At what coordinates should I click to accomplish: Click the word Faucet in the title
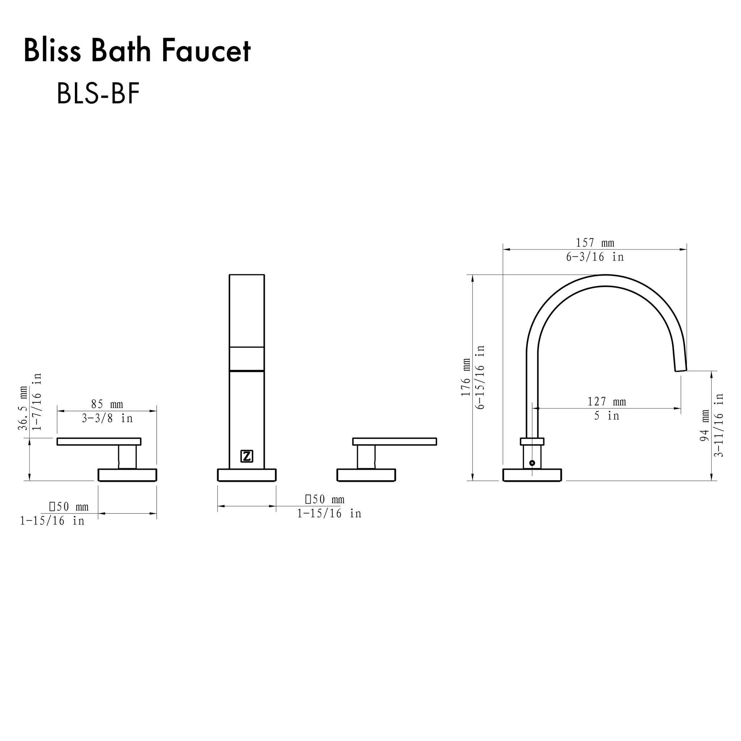pos(206,51)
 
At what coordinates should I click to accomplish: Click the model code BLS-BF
pos(98,94)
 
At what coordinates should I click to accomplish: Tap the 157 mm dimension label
pos(595,243)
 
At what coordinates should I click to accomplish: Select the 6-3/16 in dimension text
pos(595,257)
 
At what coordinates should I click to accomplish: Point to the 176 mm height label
pos(466,377)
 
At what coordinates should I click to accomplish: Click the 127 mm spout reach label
pos(607,402)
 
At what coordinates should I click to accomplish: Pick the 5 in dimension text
pos(607,416)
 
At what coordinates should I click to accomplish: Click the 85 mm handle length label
pos(107,404)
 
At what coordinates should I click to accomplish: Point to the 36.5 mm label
pos(24,408)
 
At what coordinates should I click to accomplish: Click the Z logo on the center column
pos(247,456)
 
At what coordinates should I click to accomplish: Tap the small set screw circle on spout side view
pos(532,463)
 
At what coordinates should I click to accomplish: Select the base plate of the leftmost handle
pos(127,475)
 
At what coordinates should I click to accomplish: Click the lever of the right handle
pos(394,441)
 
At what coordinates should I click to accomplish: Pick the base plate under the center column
pos(247,475)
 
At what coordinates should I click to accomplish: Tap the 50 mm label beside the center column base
pos(325,499)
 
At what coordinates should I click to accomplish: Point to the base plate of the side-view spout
pos(532,475)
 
